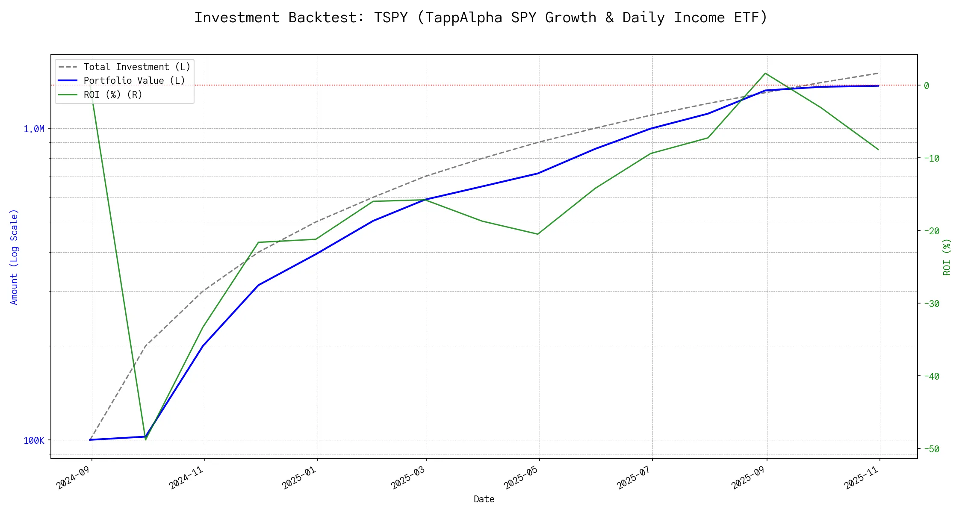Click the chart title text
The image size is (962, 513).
(481, 18)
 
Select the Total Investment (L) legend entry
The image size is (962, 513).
(137, 67)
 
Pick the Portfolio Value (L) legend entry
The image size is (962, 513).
(134, 81)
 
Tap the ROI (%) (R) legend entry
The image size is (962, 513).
(113, 94)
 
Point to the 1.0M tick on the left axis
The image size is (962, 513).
(34, 129)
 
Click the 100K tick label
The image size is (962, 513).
(34, 440)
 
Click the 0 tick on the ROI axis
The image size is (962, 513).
(927, 85)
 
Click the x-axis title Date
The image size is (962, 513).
(484, 499)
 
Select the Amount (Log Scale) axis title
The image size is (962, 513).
(14, 256)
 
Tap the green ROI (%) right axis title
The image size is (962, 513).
(947, 256)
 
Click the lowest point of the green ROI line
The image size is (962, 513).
(146, 439)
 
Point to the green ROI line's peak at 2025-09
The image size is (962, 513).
(765, 74)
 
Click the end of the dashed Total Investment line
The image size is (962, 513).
(879, 73)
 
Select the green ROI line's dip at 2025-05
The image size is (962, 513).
(538, 234)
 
